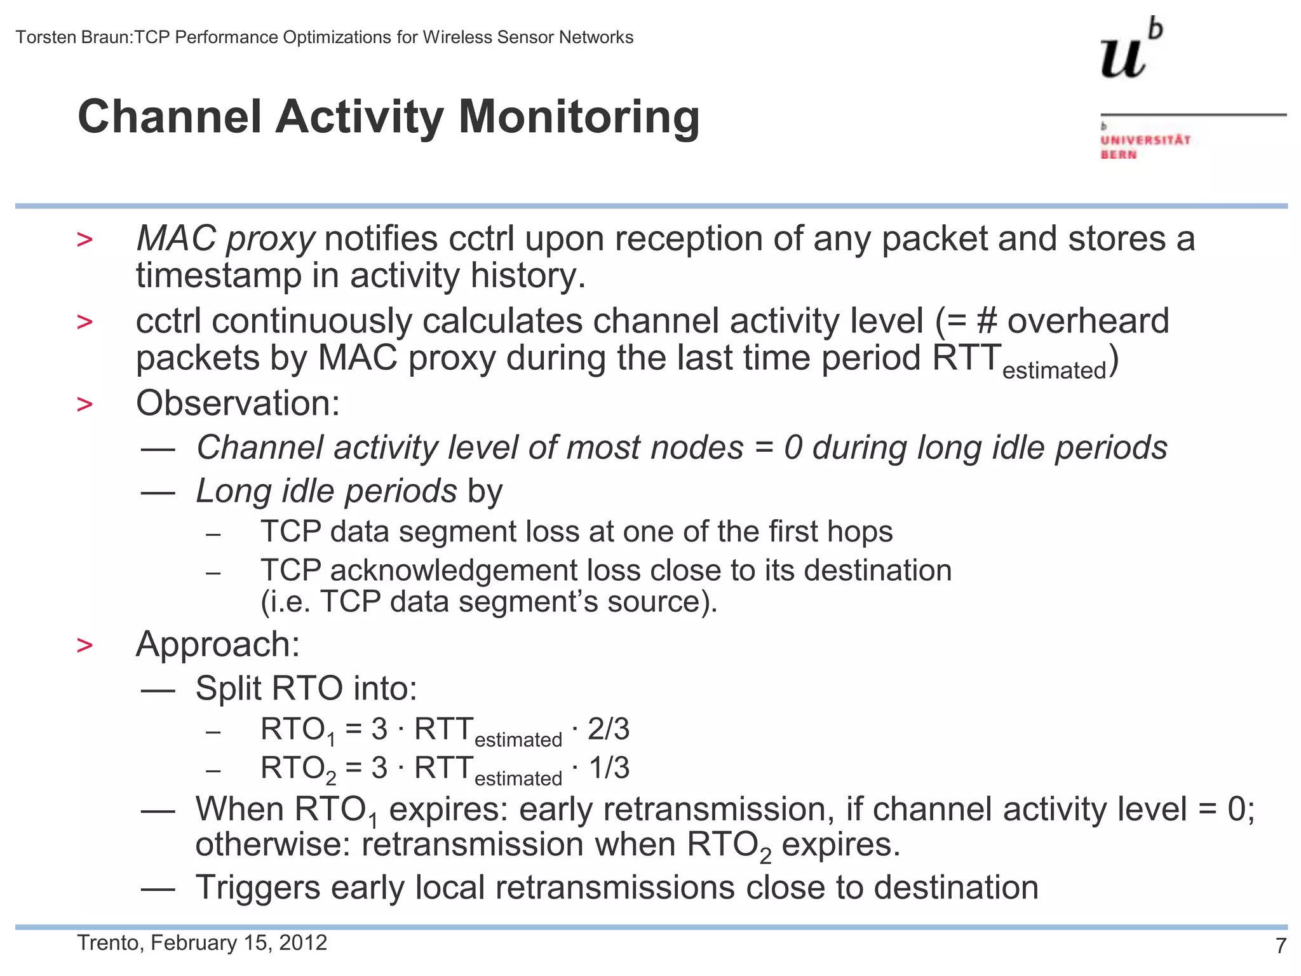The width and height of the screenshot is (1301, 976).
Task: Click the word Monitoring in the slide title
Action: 579,118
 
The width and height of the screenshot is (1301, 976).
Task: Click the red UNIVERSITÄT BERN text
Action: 1144,147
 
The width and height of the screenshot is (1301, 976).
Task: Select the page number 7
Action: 1281,946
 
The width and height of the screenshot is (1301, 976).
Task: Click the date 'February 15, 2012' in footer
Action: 239,942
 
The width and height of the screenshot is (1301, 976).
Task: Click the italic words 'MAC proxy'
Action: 225,240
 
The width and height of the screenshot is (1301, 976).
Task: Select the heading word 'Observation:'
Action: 238,403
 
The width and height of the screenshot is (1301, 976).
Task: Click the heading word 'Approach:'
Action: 218,644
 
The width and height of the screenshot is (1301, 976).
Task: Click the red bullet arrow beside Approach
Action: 84,646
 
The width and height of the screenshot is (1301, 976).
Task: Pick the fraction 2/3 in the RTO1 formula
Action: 608,729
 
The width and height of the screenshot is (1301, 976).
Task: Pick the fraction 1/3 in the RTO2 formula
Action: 608,768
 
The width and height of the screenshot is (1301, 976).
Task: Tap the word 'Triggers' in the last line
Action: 257,887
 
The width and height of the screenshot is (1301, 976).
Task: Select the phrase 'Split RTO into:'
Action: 306,688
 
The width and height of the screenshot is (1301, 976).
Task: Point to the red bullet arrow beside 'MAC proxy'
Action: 84,240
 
